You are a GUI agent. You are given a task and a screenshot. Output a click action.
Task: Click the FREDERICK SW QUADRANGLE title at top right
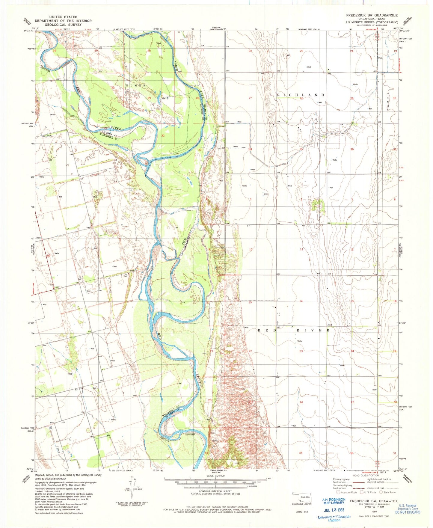pyautogui.click(x=372, y=15)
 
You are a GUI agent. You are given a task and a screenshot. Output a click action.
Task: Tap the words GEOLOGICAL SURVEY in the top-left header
pyautogui.click(x=63, y=25)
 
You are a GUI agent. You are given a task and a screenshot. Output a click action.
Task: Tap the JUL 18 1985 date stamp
pyautogui.click(x=333, y=510)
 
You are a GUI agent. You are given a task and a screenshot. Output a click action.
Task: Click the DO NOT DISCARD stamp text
pyautogui.click(x=408, y=512)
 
